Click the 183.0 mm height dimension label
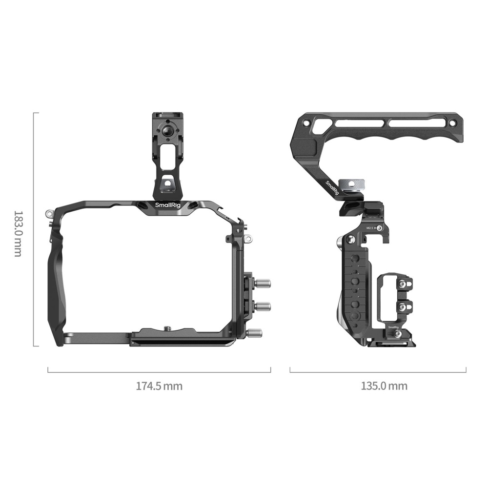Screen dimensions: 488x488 pos(18,233)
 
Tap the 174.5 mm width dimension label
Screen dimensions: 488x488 pos(159,386)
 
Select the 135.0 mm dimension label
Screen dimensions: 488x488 pos(384,386)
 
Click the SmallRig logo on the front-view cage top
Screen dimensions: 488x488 pos(167,205)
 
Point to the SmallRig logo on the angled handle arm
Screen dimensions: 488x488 pos(332,188)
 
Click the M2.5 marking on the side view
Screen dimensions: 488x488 pos(370,228)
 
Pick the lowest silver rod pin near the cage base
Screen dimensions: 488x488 pos(254,333)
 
